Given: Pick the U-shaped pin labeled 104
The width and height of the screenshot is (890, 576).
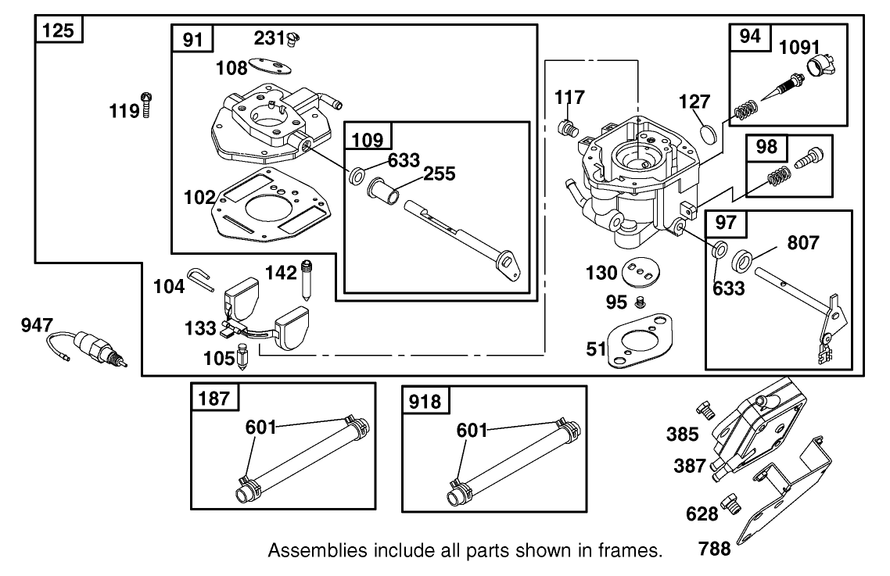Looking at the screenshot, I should pos(202,278).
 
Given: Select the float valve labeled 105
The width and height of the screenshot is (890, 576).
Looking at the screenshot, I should pos(242,359).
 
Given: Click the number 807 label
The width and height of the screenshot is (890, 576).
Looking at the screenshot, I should pos(802,243).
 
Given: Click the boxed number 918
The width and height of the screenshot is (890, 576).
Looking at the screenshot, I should pos(425,401).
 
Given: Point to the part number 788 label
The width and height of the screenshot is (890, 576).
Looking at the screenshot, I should pos(715,549).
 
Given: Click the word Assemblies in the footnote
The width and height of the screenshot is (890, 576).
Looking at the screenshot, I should pos(311,551).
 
